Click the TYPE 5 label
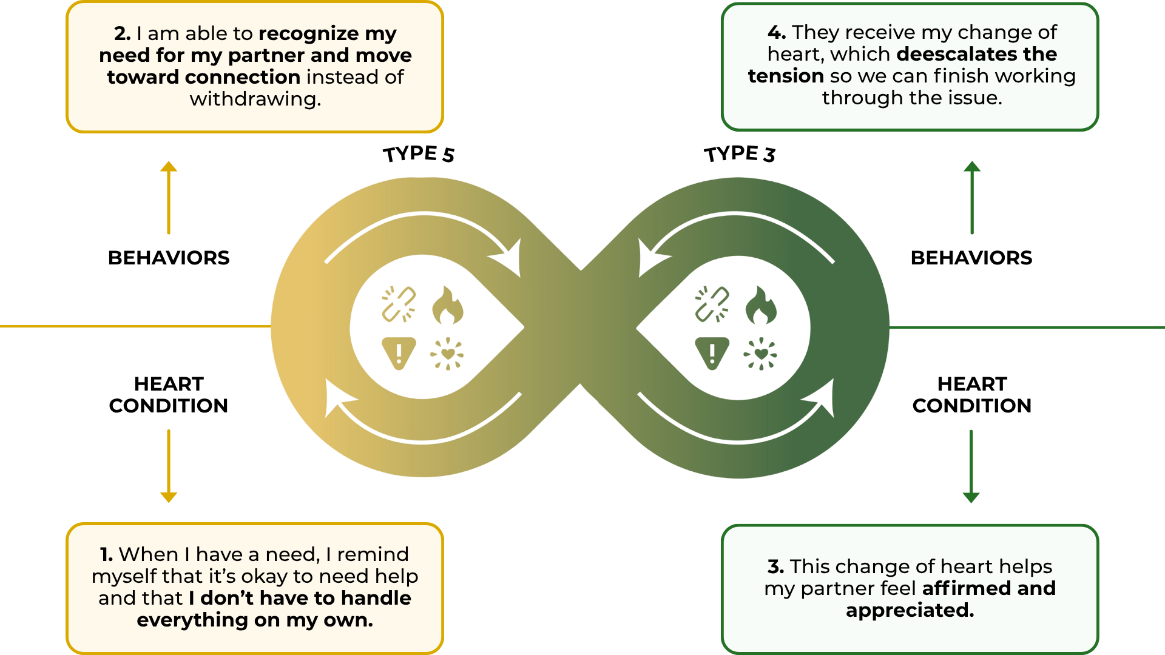tap(419, 154)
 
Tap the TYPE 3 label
tap(740, 154)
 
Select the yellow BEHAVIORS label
tap(169, 258)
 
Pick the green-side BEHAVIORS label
tap(971, 258)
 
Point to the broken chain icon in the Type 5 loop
tap(399, 304)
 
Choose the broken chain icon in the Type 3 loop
tap(712, 304)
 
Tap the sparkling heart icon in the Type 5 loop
tap(447, 354)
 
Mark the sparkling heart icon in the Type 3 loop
tap(760, 354)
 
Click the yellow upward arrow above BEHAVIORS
tap(169, 197)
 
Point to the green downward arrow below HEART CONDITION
tap(971, 466)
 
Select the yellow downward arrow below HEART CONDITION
tap(169, 466)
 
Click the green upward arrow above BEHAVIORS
tap(972, 197)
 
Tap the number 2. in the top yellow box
tap(123, 33)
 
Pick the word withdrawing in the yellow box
tap(255, 99)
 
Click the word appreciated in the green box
tap(910, 610)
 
